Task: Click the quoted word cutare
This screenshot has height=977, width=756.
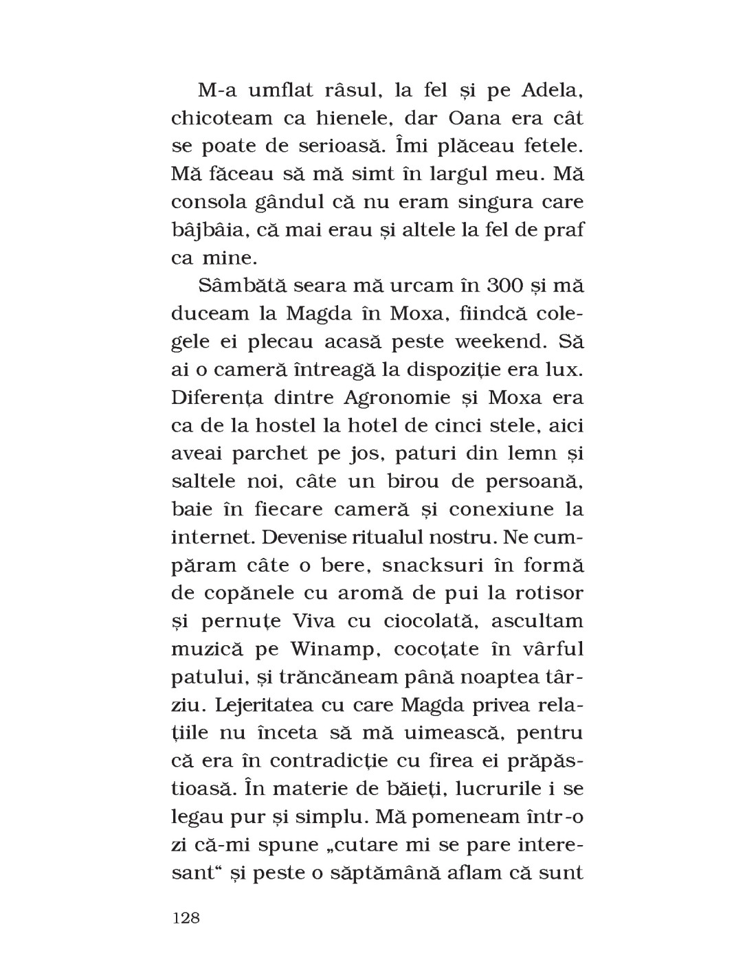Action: coord(374,845)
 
